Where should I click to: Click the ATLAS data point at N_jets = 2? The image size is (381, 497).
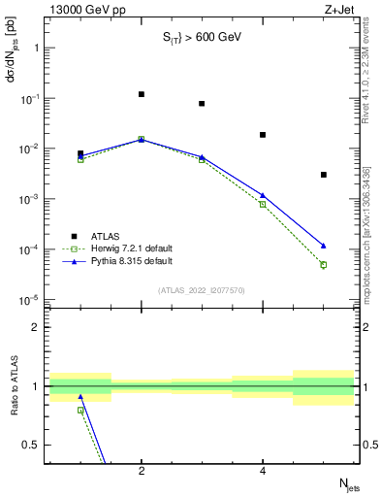142,94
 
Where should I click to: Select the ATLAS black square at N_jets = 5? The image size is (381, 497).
324,175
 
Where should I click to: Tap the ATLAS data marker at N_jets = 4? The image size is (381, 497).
263,135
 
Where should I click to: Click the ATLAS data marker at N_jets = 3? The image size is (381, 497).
202,103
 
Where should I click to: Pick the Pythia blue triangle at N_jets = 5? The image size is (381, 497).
324,246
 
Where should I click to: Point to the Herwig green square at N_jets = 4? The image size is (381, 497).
263,204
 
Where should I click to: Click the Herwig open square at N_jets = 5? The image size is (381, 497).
324,264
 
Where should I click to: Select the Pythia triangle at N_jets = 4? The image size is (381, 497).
263,195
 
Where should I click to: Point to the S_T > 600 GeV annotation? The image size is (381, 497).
201,38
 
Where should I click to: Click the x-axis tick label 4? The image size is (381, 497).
263,472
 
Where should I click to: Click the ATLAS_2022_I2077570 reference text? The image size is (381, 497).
202,289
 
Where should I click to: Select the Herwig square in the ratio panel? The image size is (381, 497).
80,410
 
